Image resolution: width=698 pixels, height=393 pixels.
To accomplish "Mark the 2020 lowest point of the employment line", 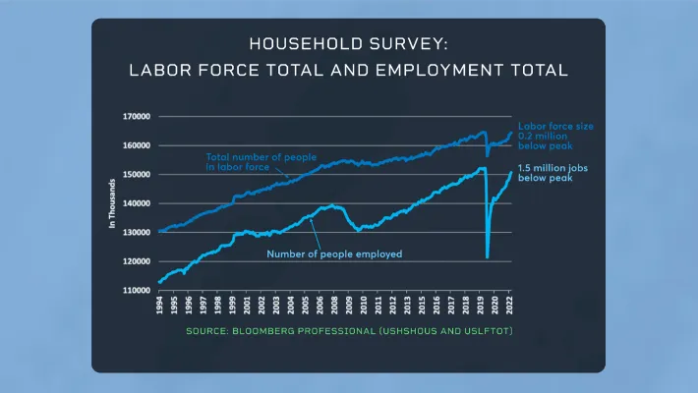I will (488, 257).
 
